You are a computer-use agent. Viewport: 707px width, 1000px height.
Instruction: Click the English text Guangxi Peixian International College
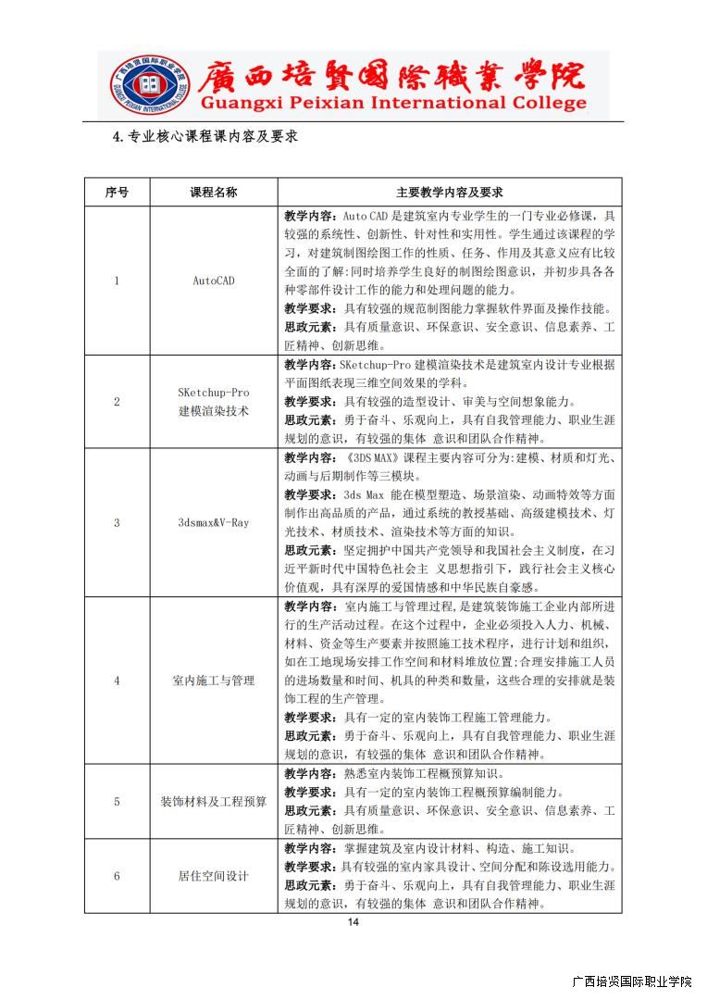click(x=392, y=104)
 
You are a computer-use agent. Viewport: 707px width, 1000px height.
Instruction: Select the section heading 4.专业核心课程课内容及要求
click(x=205, y=136)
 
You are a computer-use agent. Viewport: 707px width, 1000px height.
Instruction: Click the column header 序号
click(x=117, y=193)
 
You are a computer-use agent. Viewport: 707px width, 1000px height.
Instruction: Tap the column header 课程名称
click(x=214, y=193)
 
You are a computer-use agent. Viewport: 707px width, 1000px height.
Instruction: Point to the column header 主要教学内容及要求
click(x=449, y=193)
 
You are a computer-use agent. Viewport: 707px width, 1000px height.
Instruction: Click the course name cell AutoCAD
click(x=214, y=281)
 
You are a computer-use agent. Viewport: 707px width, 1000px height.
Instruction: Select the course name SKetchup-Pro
click(x=214, y=393)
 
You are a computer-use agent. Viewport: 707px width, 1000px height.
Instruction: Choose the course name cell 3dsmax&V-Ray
click(x=214, y=522)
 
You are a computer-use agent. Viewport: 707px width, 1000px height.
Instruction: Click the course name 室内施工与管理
click(x=214, y=681)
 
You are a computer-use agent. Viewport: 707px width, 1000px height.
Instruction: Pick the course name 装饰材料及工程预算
click(x=214, y=801)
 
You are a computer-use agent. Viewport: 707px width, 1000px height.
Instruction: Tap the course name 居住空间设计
click(x=214, y=876)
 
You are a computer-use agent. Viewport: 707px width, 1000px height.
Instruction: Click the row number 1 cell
click(x=117, y=281)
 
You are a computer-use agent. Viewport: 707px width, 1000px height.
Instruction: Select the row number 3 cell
click(x=117, y=522)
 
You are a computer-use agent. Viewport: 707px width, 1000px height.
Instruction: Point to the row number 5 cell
click(x=117, y=801)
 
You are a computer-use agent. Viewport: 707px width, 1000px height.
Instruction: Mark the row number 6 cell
click(x=117, y=876)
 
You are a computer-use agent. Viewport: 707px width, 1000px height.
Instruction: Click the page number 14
click(x=353, y=922)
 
